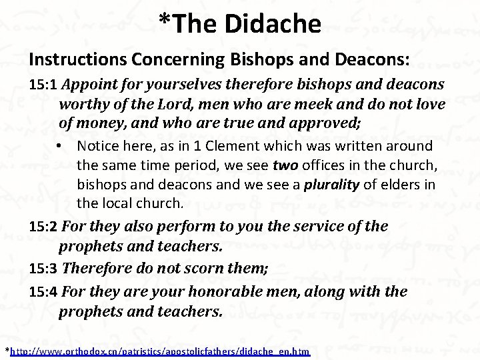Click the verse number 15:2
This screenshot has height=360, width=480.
[44, 227]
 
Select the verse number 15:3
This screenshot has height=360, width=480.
[44, 273]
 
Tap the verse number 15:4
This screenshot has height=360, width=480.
[44, 293]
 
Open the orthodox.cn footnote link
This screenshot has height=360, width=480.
[160, 351]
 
